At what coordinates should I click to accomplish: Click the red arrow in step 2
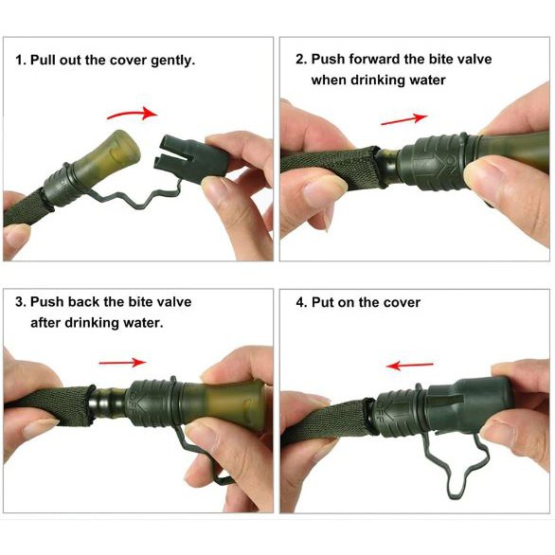(x=404, y=119)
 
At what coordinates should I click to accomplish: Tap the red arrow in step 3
(x=122, y=363)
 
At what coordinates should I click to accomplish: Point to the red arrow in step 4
(x=409, y=366)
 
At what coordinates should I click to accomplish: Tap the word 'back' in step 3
(x=84, y=302)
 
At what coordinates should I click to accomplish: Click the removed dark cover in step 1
(x=193, y=157)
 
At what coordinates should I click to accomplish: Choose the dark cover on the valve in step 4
(x=470, y=405)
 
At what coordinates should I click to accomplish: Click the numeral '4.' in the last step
(x=302, y=303)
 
